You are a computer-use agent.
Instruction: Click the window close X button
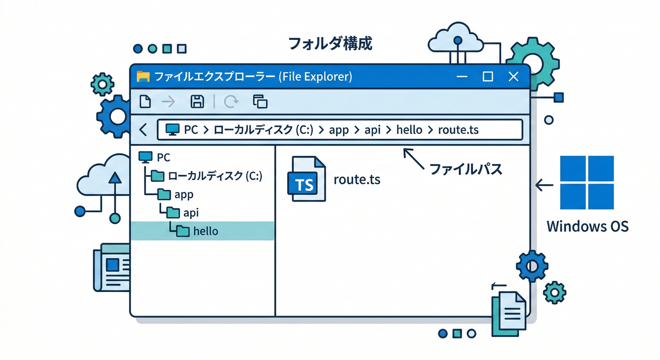tap(513, 76)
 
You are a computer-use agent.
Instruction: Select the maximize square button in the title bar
tap(488, 76)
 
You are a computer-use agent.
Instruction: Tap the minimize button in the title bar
tap(462, 77)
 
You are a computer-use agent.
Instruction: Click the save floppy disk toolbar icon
tap(197, 101)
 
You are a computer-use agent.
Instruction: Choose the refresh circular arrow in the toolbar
tap(231, 101)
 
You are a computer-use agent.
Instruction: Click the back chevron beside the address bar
tap(143, 130)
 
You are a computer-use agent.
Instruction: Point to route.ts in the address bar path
tap(458, 130)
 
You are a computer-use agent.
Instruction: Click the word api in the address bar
tap(372, 130)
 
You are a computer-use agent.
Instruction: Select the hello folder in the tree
tap(205, 231)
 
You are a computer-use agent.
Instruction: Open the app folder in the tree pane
tap(183, 194)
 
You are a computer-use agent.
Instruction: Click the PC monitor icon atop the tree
tap(146, 157)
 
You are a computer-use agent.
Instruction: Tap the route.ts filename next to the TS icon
tap(357, 179)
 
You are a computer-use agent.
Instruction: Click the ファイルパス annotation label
tap(465, 169)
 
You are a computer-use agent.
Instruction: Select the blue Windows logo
tap(587, 182)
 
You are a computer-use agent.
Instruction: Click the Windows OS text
tap(587, 226)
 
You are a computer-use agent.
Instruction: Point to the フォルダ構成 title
tap(330, 44)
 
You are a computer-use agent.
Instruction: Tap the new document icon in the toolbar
tap(145, 101)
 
